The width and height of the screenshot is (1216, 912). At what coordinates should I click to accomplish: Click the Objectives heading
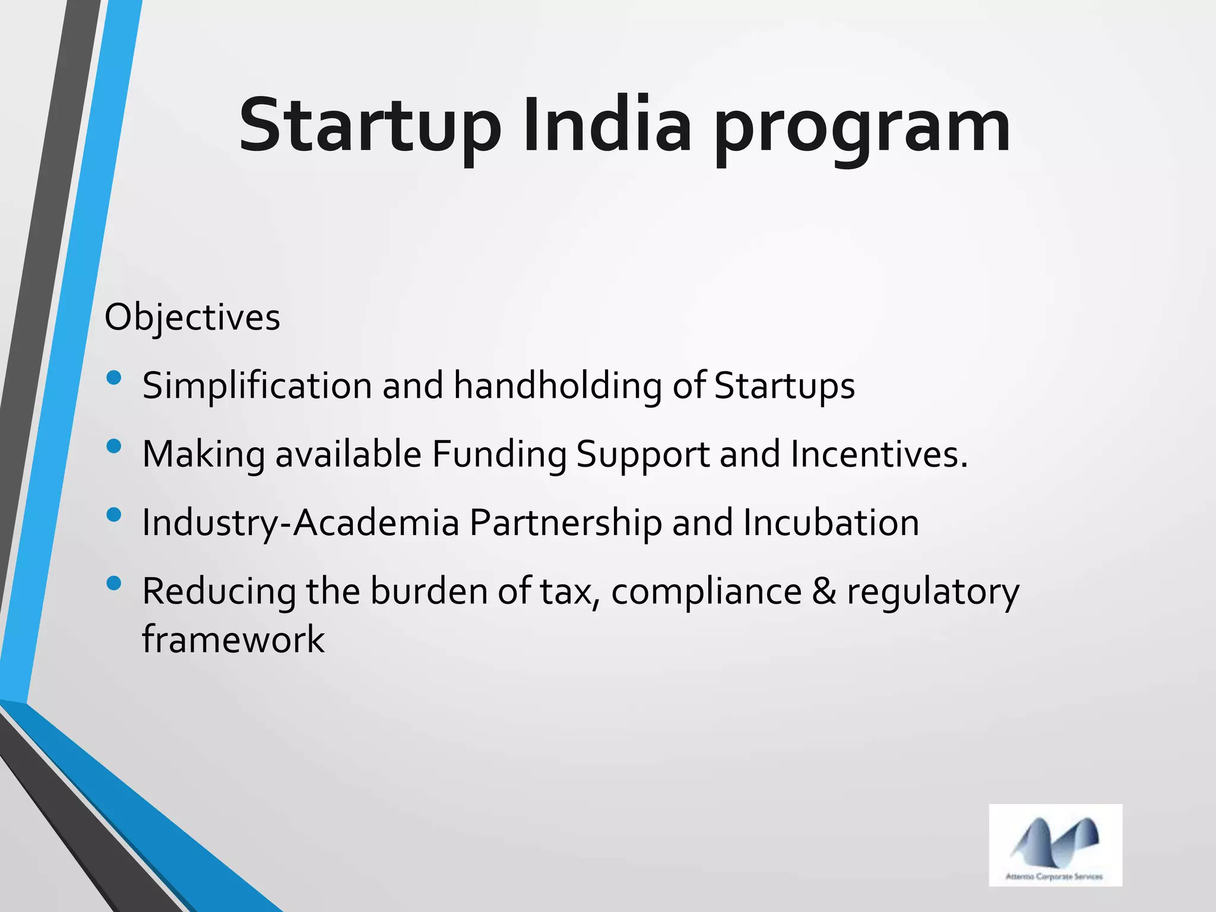(192, 318)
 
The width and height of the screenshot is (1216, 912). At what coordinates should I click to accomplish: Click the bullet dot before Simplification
(114, 378)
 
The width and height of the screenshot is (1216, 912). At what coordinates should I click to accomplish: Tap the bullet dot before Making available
(114, 446)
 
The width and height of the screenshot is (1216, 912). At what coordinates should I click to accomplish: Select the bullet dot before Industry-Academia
(114, 514)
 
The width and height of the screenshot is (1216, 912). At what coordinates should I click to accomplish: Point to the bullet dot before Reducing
(114, 583)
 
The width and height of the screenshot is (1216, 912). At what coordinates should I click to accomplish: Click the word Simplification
(257, 386)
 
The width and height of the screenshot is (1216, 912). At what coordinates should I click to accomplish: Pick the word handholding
(557, 386)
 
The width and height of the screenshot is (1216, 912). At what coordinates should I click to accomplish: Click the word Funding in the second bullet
(499, 455)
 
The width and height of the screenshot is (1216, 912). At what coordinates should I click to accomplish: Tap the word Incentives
(879, 455)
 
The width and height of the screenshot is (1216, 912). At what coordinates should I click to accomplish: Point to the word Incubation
(831, 523)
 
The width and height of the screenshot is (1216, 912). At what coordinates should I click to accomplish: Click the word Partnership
(565, 524)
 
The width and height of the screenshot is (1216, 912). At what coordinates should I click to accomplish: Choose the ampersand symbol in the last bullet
(824, 591)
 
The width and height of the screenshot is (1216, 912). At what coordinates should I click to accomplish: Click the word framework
(233, 639)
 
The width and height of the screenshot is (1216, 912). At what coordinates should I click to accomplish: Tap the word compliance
(706, 593)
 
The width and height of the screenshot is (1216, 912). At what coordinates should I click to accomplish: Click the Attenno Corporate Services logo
(1055, 845)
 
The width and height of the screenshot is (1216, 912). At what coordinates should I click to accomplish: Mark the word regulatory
(933, 593)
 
